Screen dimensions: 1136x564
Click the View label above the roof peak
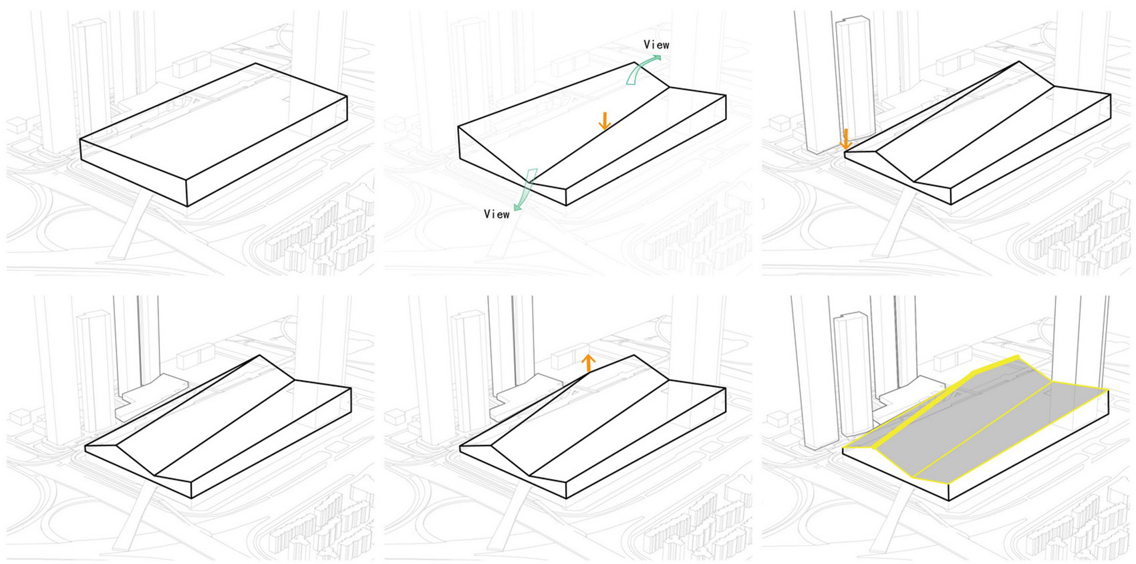click(657, 45)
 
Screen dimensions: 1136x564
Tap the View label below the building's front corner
click(496, 214)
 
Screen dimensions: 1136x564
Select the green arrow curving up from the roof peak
click(642, 69)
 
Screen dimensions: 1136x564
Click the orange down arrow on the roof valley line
click(604, 121)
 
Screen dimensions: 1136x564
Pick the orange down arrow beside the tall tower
click(845, 139)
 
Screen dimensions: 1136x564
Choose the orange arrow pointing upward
click(588, 363)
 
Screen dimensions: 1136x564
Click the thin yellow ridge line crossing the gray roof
click(982, 430)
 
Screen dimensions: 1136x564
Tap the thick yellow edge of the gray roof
click(933, 403)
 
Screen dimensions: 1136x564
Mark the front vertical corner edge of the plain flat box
click(187, 192)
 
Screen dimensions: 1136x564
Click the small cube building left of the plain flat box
click(17, 125)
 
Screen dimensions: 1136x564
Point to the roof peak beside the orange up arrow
click(633, 356)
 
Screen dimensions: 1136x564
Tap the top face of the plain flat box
click(214, 121)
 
